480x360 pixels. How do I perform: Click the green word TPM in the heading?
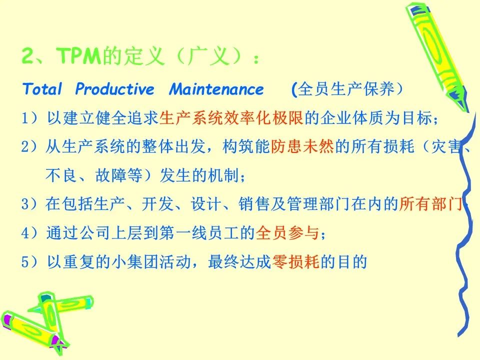(78, 55)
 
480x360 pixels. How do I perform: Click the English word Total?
(42, 89)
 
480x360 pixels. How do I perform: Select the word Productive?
(115, 89)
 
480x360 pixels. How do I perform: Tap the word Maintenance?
(216, 89)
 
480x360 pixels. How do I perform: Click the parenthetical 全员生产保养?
(346, 89)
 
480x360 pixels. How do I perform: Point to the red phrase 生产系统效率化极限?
(231, 117)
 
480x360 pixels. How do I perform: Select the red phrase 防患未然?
(302, 146)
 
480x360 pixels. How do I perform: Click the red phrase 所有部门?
(430, 204)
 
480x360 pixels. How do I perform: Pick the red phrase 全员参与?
(287, 232)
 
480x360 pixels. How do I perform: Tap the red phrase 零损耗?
(295, 261)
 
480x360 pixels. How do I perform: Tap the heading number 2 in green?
(27, 55)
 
